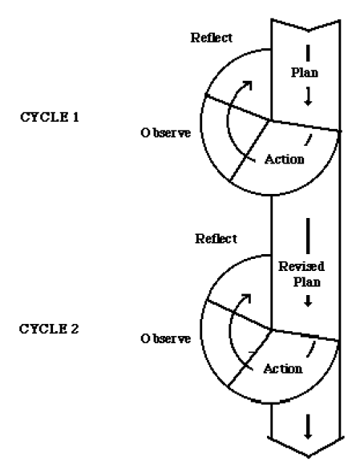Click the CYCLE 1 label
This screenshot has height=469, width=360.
[50, 117]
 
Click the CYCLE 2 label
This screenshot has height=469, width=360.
[49, 329]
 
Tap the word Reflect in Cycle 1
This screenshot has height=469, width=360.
[212, 38]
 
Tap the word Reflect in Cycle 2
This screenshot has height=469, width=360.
[216, 239]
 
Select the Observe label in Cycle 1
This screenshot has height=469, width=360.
[165, 133]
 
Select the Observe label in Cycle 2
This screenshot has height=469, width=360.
[165, 338]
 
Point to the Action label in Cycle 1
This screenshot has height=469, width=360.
[285, 159]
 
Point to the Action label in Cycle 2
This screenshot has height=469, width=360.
[283, 369]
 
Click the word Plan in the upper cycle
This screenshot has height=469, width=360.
[305, 72]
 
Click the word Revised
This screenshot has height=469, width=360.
[301, 266]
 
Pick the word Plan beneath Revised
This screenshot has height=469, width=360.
[307, 281]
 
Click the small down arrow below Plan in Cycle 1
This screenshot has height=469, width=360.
[308, 97]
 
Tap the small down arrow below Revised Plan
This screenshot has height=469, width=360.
[308, 301]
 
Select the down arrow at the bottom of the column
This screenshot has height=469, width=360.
[308, 427]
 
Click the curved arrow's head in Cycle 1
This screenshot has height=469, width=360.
[248, 84]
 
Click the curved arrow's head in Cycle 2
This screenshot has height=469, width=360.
[247, 297]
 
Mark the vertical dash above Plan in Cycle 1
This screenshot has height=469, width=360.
[308, 53]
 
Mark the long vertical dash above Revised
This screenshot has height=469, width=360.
[308, 236]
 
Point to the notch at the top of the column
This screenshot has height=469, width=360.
[309, 30]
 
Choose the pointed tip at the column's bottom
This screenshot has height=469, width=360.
[309, 456]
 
